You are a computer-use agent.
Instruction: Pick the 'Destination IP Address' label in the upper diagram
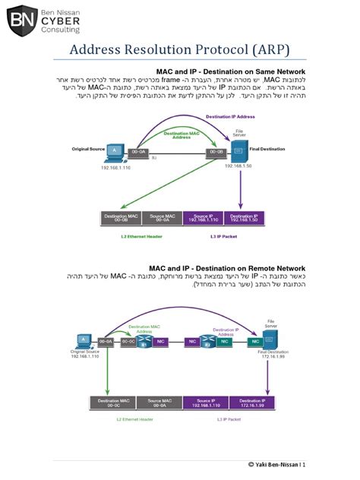230,117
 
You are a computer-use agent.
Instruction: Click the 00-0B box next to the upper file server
216,153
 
